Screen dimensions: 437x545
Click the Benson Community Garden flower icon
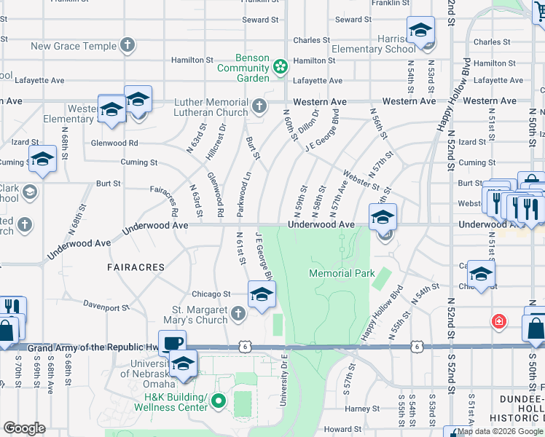pos(279,68)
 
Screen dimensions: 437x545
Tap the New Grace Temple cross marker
pos(128,46)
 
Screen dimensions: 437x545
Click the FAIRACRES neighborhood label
pos(136,268)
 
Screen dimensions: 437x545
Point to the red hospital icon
pos(499,320)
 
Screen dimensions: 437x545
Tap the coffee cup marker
pos(173,342)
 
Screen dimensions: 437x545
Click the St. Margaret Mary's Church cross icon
pos(238,315)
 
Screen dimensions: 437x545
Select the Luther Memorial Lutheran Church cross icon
pos(258,107)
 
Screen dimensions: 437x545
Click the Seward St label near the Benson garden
pos(261,20)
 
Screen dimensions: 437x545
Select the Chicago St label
pos(211,294)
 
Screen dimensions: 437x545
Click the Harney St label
pos(358,409)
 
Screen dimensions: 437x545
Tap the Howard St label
pos(338,430)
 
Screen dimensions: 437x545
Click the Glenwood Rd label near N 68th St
pos(114,143)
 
